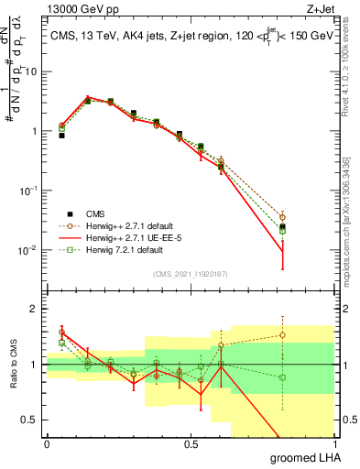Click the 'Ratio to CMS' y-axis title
tap(14, 365)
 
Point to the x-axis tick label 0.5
tap(191, 444)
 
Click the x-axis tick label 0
tap(47, 444)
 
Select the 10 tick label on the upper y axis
tap(32, 71)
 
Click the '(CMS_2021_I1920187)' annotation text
tap(191, 273)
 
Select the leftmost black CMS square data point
tap(61, 135)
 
